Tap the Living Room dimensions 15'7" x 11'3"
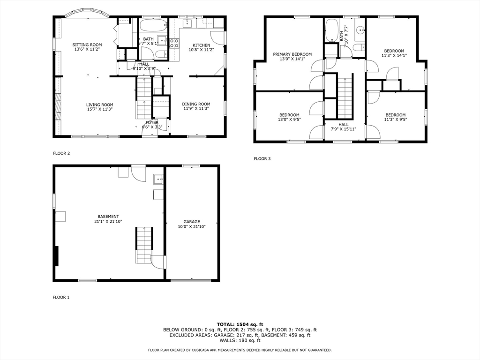[99, 109]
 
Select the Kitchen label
[201, 45]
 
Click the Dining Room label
[196, 104]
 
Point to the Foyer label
[152, 122]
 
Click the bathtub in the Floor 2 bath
[153, 25]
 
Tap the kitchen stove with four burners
[174, 43]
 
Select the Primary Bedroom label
[292, 54]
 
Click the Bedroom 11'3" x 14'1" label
[394, 51]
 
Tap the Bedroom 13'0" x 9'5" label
[289, 115]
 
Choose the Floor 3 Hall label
[344, 124]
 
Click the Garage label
[192, 222]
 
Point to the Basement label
[108, 217]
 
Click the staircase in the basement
[144, 245]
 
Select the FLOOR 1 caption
[61, 297]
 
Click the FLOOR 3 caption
[262, 158]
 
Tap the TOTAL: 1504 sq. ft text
[240, 324]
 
